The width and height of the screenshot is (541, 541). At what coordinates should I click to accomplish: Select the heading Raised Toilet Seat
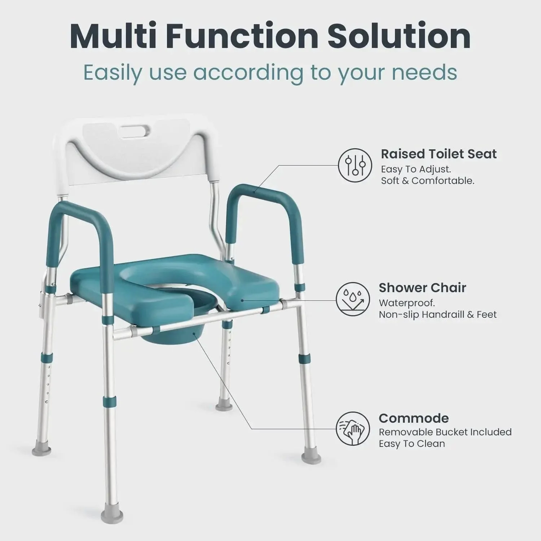[x=439, y=154]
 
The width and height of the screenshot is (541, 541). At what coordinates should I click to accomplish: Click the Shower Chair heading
[x=422, y=288]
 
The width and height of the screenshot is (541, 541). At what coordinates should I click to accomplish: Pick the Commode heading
[x=414, y=418]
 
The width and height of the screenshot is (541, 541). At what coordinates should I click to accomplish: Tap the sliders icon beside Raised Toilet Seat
[x=355, y=166]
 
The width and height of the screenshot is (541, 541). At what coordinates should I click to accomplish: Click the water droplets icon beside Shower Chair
[x=353, y=299]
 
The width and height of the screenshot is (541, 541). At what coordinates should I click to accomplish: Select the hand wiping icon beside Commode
[x=353, y=429]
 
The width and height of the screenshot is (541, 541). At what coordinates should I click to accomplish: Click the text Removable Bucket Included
[x=445, y=432]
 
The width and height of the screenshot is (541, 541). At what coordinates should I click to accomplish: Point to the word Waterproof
[x=406, y=303]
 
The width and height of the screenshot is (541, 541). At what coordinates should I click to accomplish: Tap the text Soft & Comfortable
[x=427, y=181]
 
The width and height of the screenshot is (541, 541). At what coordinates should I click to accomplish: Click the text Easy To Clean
[x=412, y=444]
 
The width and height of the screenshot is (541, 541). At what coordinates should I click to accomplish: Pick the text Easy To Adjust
[x=416, y=169]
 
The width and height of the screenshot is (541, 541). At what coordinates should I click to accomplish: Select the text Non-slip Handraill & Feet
[x=437, y=315]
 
